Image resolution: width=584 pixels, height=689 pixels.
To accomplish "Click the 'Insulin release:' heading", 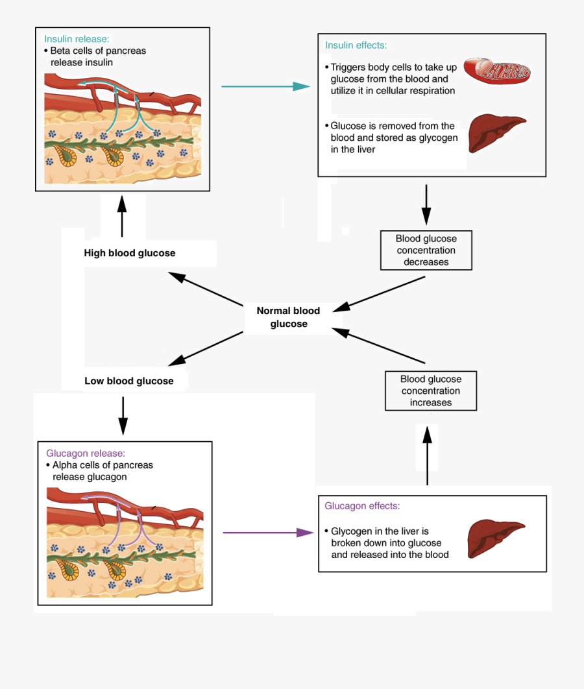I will tap(77, 39).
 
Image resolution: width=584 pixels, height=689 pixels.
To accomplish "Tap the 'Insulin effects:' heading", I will tap(356, 45).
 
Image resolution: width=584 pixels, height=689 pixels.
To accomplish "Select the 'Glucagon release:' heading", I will tap(86, 453).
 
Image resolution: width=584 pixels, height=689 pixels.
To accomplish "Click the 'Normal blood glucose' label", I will tap(288, 317).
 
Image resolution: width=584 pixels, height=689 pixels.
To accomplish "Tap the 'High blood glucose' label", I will tap(130, 253).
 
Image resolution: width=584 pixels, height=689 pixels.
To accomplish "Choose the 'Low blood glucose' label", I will tap(129, 381).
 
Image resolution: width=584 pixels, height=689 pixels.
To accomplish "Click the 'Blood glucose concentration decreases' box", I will tap(426, 250).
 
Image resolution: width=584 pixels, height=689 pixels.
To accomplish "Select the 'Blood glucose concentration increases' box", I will tap(430, 391).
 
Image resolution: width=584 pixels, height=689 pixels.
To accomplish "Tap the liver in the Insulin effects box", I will tap(496, 132).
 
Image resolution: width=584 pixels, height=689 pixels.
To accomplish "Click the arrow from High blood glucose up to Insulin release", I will tap(121, 217).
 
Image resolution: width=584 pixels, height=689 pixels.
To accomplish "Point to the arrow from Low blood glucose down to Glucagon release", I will tap(123, 415).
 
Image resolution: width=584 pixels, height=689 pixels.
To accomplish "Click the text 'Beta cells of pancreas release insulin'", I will tap(97, 57).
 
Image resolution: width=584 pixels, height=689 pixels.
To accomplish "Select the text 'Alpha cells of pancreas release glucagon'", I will tap(101, 471).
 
